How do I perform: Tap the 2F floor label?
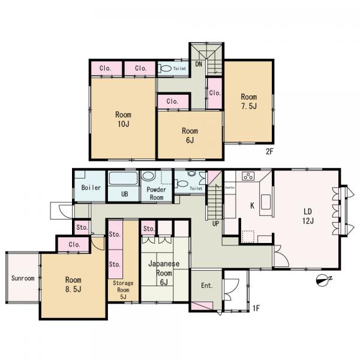269,151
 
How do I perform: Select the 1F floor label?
256,308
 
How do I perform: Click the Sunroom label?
23,278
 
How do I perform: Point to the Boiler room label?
91,188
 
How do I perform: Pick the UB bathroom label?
124,194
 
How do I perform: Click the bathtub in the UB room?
123,178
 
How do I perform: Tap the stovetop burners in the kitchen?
248,176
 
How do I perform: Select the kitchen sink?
266,202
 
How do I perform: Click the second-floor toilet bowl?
166,68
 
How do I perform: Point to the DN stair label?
199,64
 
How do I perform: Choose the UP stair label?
215,224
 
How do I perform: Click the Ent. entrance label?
207,286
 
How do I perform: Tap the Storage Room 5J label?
123,290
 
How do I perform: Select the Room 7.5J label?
249,101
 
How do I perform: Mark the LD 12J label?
308,216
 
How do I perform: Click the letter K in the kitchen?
252,206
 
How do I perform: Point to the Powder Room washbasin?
146,176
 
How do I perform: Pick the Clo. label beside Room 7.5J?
215,93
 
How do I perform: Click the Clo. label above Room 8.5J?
74,245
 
